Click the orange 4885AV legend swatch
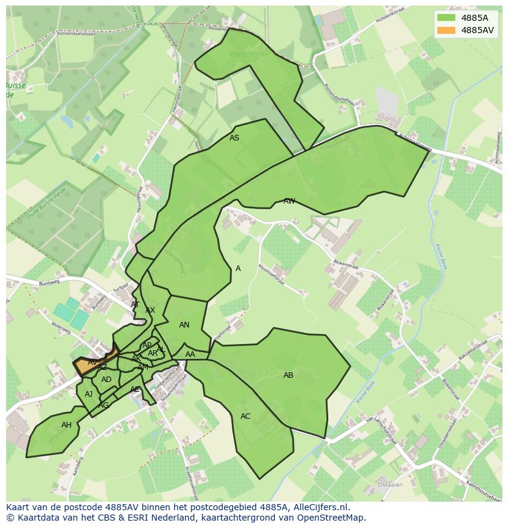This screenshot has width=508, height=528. [447, 30]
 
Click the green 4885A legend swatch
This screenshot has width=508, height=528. [447, 18]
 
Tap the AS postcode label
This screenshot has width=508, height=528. [234, 138]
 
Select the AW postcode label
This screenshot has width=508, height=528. [289, 201]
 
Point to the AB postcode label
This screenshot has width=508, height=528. [288, 375]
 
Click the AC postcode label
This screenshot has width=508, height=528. [245, 416]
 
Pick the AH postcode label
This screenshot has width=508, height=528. [66, 425]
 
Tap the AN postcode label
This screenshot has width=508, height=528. [184, 325]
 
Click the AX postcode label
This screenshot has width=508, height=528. [150, 310]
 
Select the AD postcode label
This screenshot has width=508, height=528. [107, 380]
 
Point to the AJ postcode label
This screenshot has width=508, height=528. [89, 394]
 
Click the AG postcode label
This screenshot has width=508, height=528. [104, 405]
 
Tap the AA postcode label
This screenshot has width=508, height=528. [190, 354]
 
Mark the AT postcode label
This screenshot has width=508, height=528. [135, 305]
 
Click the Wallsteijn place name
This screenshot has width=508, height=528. [246, 54]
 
